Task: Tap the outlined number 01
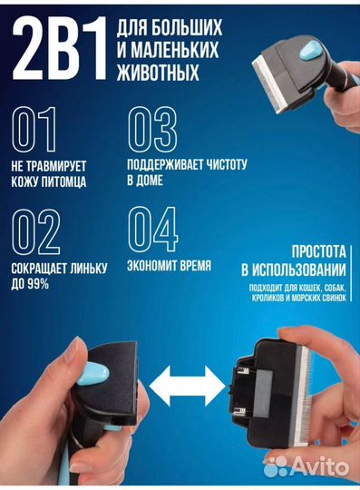34,130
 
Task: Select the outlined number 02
36,232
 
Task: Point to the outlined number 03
152,130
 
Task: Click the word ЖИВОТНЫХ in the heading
158,73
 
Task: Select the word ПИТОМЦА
63,181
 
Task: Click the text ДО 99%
30,284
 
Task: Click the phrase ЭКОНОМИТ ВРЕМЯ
169,266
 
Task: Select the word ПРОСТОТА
319,252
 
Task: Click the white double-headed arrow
187,387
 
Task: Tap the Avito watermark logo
306,466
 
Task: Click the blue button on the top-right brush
310,52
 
